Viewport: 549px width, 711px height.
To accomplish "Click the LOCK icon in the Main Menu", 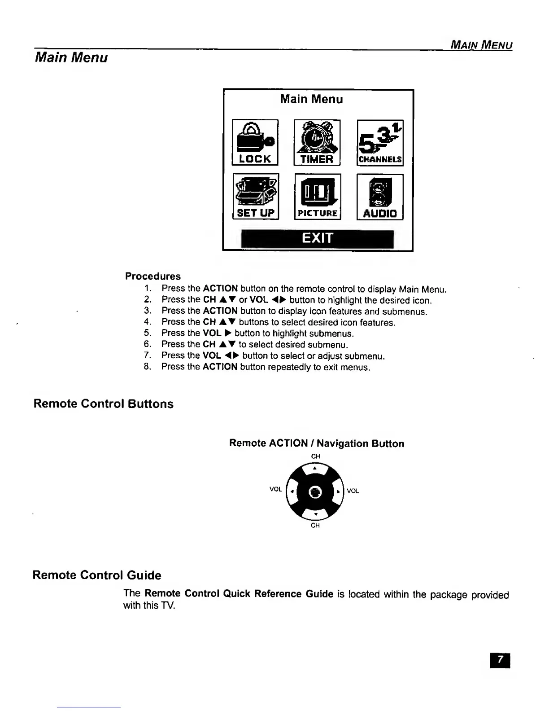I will [255, 142].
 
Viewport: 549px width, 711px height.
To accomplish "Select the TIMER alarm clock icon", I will [317, 142].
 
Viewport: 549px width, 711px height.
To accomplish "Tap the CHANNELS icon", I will [380, 143].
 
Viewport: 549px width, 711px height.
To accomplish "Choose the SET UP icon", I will [256, 196].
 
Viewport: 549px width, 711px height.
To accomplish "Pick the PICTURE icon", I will [318, 197].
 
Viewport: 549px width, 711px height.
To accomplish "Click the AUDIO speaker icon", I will [380, 197].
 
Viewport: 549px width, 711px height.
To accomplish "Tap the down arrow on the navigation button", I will [315, 514].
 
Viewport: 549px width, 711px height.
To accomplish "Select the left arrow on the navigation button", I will [292, 491].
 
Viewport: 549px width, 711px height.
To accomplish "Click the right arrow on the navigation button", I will [338, 491].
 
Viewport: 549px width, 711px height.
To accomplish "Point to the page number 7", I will [501, 660].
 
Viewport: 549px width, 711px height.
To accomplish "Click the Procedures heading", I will [153, 276].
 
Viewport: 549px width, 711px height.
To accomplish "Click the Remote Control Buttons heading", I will [104, 404].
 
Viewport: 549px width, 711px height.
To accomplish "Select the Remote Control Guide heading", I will [97, 575].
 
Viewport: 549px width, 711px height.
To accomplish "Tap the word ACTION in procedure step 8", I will [220, 367].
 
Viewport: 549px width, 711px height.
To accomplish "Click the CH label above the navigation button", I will [316, 456].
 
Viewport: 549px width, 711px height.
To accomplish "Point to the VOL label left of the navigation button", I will [275, 489].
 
